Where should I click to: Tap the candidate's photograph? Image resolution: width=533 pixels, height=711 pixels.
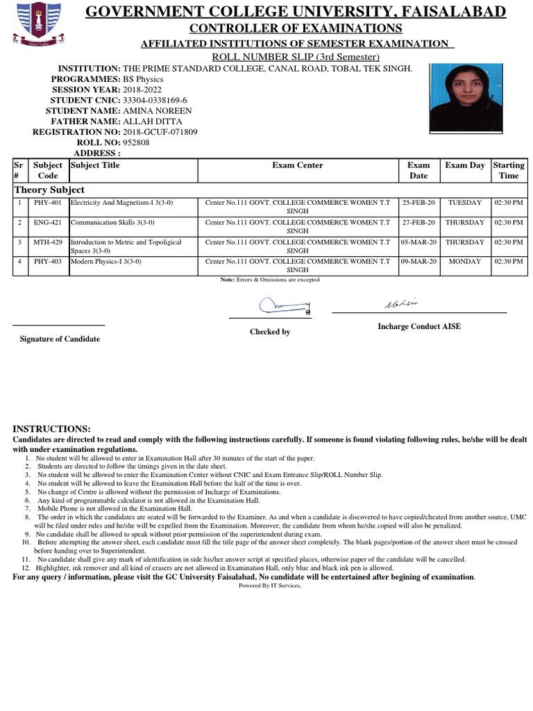coord(466,97)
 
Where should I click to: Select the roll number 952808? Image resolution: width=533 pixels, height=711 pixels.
coord(136,142)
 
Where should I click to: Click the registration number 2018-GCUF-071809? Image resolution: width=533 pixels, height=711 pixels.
coord(160,132)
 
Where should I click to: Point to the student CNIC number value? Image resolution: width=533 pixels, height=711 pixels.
coord(155,101)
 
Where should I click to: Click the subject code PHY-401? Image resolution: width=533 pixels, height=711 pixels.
coord(48,203)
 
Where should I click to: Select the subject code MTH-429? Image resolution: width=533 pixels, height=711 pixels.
coord(48,242)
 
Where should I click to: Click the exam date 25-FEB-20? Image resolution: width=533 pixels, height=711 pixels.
coord(418,203)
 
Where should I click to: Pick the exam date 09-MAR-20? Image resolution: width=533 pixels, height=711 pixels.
coord(418,262)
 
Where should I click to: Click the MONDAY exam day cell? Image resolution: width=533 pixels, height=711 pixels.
coord(465,262)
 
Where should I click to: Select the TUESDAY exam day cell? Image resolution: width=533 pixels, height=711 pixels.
coord(465,203)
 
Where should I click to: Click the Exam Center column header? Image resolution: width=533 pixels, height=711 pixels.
coord(298,165)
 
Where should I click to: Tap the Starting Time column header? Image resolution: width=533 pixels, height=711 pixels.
coord(508,170)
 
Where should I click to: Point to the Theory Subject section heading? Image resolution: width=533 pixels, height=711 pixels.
coord(49,190)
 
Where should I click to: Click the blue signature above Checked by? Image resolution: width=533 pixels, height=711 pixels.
coord(285,304)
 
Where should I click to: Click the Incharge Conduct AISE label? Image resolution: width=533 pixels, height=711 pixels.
coord(418,326)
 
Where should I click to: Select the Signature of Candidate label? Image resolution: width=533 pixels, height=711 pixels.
coord(59,339)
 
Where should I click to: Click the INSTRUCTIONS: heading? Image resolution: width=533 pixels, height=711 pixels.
coord(51,429)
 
